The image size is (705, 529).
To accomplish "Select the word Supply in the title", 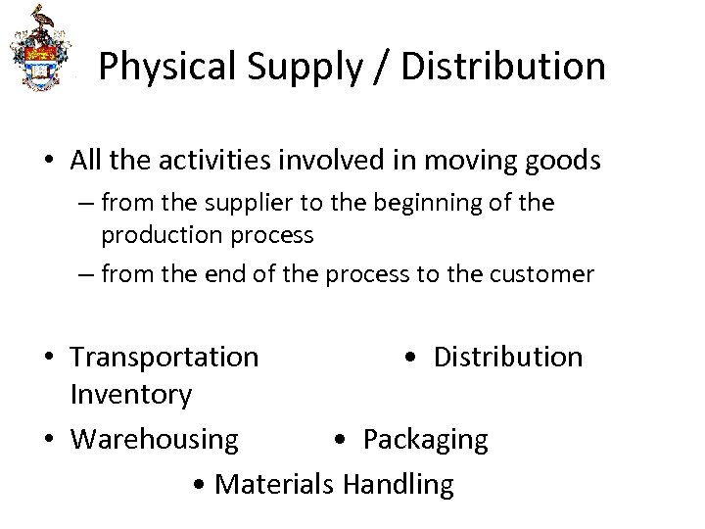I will [x=289, y=67].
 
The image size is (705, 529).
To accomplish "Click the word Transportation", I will [x=165, y=358].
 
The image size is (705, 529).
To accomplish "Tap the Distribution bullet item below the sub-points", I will [x=507, y=358].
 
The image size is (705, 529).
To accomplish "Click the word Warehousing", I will [x=155, y=440].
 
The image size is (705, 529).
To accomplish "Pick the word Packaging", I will [x=425, y=440].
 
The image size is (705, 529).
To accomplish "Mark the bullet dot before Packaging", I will [x=339, y=440].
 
